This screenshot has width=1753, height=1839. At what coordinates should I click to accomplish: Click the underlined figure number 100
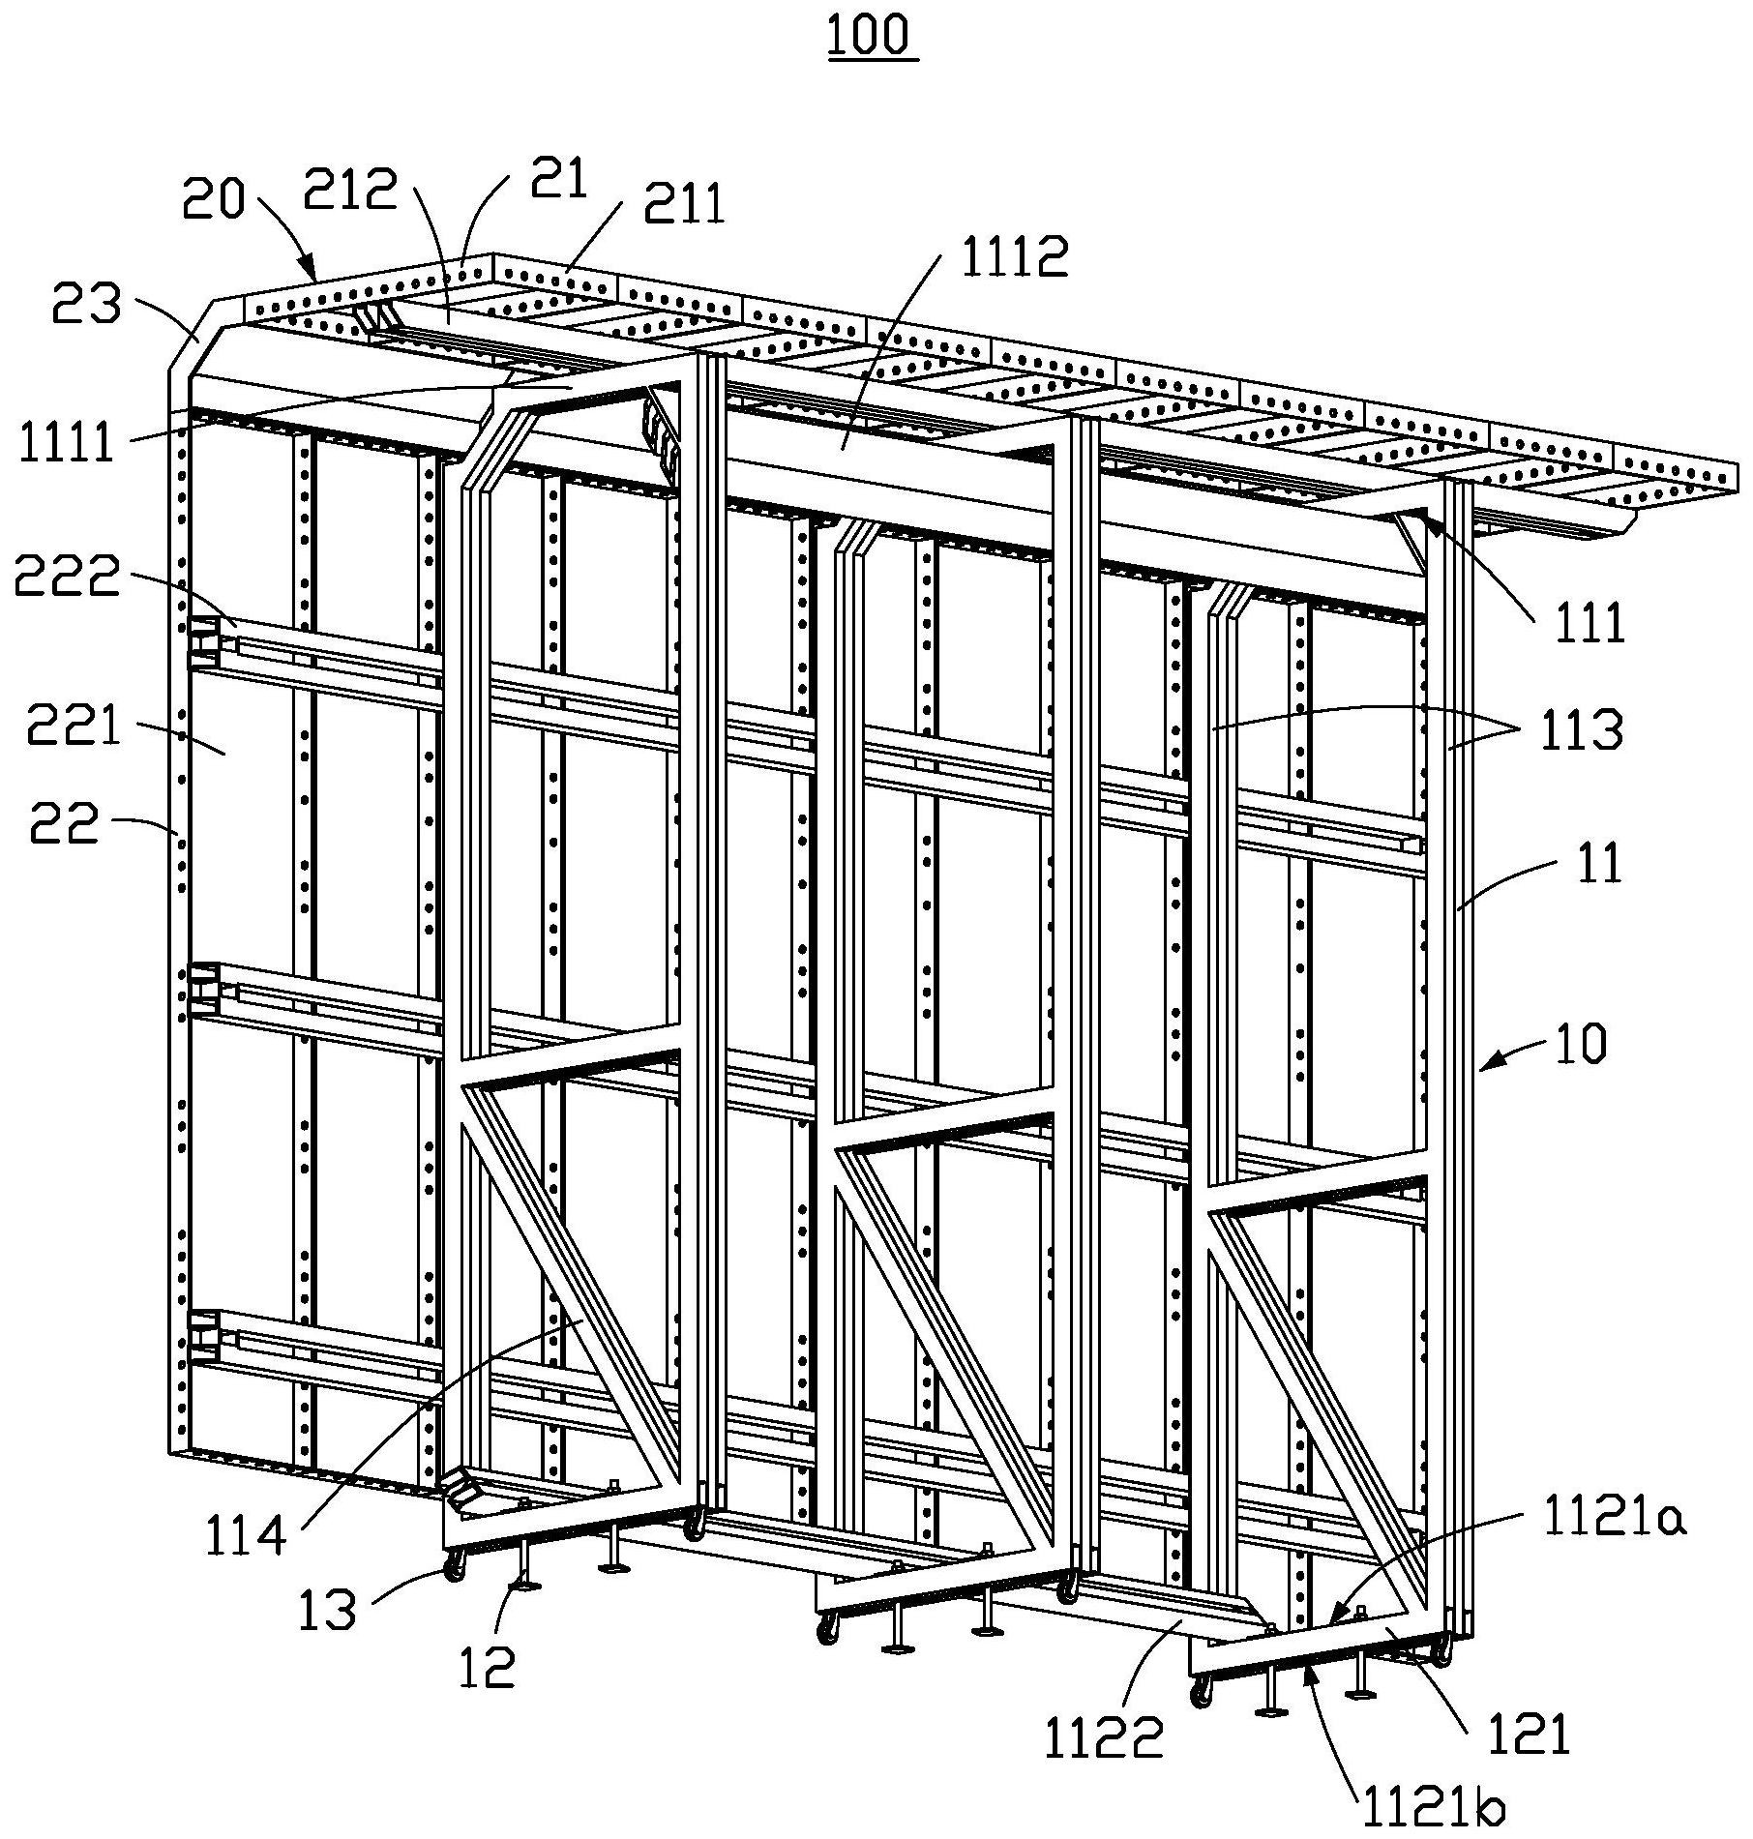point(872,36)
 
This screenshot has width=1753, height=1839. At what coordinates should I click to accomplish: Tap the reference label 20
point(213,199)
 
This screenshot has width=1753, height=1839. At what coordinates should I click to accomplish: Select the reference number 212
point(350,189)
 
